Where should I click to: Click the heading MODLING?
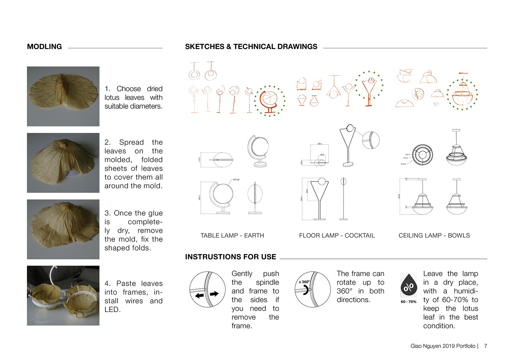(44, 47)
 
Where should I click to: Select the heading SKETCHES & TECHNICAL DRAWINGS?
(251, 47)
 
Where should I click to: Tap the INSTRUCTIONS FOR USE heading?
(231, 257)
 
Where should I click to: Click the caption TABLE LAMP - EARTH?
(232, 235)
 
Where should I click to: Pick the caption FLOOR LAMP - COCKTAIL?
(337, 235)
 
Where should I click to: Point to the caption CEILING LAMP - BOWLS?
(434, 235)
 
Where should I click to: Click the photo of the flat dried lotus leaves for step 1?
(63, 96)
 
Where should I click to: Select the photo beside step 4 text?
(63, 295)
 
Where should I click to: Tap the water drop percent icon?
(409, 286)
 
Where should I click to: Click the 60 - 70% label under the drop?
(409, 302)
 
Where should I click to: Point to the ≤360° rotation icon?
(312, 289)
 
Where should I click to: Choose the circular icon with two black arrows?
(207, 289)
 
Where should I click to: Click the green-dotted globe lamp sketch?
(269, 101)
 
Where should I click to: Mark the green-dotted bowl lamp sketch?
(462, 94)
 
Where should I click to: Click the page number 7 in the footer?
(485, 346)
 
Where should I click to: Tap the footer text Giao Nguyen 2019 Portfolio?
(443, 346)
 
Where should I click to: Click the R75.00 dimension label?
(236, 180)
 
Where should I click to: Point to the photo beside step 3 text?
(63, 229)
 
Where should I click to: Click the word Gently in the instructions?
(242, 273)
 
